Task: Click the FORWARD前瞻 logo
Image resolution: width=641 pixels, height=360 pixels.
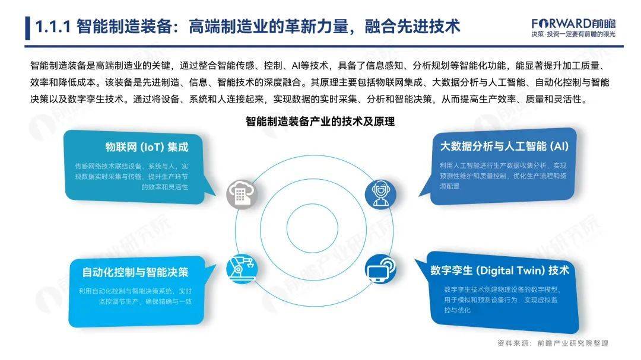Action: tap(573, 23)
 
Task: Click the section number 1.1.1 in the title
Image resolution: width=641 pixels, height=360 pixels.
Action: tap(53, 27)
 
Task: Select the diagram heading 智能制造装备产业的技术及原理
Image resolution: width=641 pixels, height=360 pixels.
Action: tap(320, 122)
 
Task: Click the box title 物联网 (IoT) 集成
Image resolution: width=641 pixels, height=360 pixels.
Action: tap(147, 147)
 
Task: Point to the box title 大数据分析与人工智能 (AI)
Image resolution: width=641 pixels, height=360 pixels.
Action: tap(504, 146)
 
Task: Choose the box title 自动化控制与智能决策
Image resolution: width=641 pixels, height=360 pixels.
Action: tap(135, 272)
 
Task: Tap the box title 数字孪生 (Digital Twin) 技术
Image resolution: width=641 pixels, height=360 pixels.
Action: tap(500, 270)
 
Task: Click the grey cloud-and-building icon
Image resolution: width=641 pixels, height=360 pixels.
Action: tap(242, 194)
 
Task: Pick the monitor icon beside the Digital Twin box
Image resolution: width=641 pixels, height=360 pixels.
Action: tap(380, 269)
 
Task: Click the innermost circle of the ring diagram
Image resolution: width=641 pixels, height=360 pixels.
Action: tap(312, 201)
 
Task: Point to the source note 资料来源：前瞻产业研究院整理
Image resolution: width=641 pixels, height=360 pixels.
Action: tap(553, 343)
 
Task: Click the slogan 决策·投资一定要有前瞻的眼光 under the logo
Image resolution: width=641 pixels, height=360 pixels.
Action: tap(573, 34)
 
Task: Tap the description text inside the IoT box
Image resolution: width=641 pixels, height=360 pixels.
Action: tap(131, 177)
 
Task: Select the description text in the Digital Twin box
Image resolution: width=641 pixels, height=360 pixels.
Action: tap(501, 300)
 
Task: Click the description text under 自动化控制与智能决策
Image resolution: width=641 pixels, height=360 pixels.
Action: tap(135, 297)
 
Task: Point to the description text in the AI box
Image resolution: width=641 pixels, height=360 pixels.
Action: tap(503, 176)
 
